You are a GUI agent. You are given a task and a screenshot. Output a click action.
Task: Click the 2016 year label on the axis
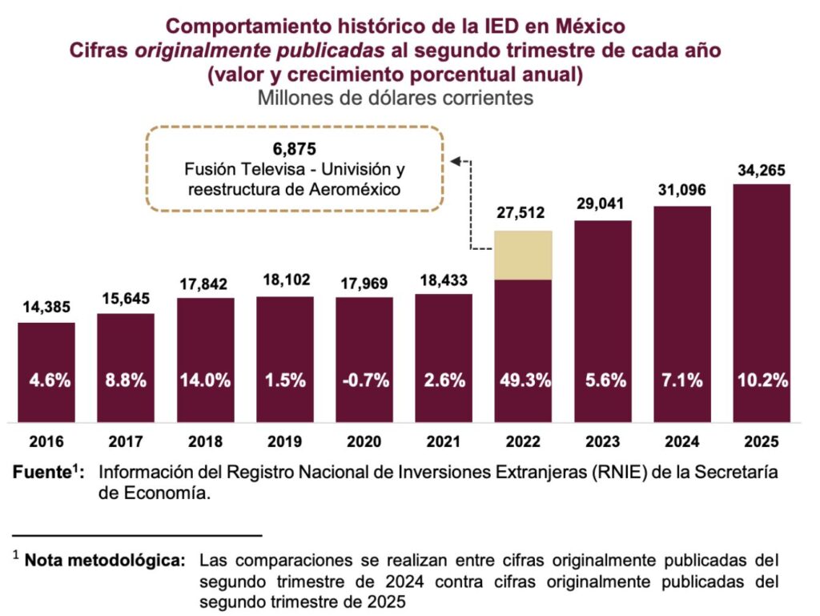click(x=46, y=442)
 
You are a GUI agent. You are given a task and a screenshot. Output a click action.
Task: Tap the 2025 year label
click(x=762, y=442)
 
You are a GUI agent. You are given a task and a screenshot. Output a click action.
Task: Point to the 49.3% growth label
click(x=524, y=380)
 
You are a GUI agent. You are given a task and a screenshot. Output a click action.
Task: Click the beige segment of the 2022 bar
click(x=524, y=255)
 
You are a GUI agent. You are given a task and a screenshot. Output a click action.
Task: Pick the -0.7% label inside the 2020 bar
click(x=364, y=380)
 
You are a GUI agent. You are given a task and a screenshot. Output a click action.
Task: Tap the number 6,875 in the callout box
click(x=295, y=150)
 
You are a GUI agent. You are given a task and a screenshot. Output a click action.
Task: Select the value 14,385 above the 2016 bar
click(x=46, y=307)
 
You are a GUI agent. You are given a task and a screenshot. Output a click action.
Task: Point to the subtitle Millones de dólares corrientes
click(x=395, y=99)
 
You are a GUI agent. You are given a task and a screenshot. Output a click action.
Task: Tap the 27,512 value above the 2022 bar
click(x=524, y=214)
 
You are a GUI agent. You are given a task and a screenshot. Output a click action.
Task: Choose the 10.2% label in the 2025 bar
click(x=762, y=380)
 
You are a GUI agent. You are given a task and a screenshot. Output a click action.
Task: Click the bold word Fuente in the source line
click(x=41, y=473)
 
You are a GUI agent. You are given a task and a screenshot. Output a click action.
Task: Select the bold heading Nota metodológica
click(x=109, y=561)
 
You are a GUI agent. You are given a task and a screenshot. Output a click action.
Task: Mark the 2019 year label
click(x=285, y=442)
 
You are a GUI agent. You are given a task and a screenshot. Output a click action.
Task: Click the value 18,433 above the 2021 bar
click(x=444, y=280)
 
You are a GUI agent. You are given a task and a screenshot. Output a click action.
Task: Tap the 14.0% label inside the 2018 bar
click(x=206, y=380)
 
